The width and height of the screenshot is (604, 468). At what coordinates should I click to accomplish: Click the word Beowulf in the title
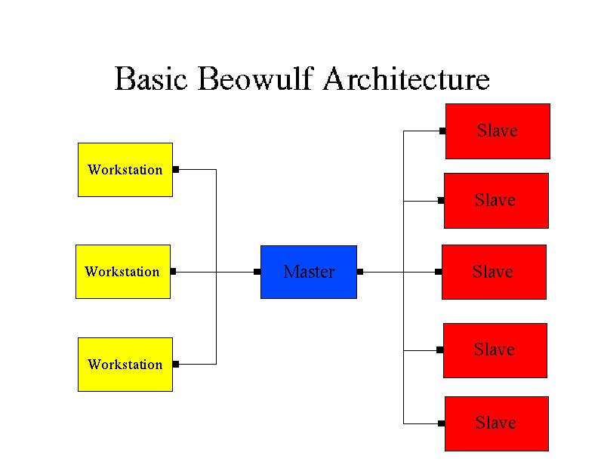[255, 79]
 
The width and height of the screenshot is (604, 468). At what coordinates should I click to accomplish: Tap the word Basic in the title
[150, 79]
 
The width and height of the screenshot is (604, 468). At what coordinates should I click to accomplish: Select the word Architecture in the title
[406, 79]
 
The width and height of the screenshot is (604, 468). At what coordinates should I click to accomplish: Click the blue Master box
[309, 272]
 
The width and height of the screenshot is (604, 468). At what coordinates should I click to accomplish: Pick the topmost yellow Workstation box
[125, 170]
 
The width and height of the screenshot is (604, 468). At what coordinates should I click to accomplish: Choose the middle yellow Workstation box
[123, 272]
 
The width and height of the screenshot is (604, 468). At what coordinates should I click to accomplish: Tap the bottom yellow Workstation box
[125, 365]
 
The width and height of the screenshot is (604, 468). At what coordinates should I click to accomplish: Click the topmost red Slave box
[498, 131]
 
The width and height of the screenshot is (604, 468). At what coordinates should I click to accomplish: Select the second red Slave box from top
[496, 201]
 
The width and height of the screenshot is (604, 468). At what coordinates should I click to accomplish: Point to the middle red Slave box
[494, 272]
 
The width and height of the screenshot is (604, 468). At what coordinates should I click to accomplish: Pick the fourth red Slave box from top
[495, 350]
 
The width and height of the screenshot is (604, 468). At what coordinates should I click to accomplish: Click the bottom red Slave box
[497, 423]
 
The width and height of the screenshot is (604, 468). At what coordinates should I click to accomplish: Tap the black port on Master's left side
[257, 272]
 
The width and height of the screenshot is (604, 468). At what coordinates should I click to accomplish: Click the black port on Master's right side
[360, 272]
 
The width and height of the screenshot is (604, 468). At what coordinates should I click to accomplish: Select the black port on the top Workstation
[176, 170]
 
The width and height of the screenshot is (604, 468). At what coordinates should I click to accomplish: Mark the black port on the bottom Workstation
[176, 364]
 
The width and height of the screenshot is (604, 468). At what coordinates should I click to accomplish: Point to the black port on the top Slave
[442, 131]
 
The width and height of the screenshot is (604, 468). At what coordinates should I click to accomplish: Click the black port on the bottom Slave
[442, 423]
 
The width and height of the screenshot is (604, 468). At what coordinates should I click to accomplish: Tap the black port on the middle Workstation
[174, 272]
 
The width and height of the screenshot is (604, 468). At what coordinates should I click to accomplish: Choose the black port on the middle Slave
[439, 272]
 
